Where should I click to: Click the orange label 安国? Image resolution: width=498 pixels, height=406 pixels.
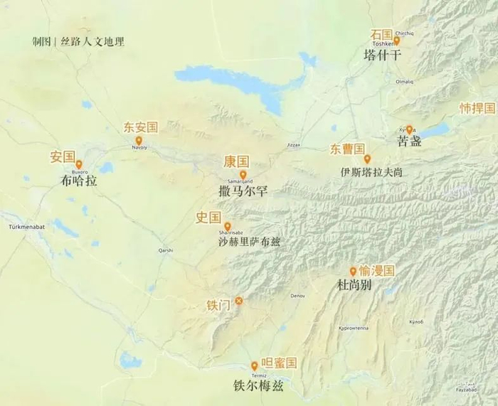point(63,156)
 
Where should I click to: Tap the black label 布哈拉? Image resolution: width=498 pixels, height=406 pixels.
point(79,181)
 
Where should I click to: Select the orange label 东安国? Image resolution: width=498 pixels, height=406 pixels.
point(140,127)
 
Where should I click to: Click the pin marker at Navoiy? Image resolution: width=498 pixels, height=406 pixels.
point(139,140)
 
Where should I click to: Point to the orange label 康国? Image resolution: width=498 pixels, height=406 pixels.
point(236,161)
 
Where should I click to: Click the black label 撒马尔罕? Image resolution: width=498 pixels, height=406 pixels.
point(243,191)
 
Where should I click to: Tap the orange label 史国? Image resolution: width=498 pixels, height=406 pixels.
point(208,218)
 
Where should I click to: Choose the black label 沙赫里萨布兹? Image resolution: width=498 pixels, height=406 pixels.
point(249,241)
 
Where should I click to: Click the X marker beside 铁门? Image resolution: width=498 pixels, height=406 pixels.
point(239,301)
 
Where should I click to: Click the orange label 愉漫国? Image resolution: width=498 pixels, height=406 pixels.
point(376,271)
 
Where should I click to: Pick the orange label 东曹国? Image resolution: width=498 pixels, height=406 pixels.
point(346,149)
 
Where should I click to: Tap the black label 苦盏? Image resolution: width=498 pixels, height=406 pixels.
point(409,141)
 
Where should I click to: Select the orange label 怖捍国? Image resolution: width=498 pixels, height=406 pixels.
point(477,108)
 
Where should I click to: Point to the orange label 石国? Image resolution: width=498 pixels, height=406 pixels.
point(381,34)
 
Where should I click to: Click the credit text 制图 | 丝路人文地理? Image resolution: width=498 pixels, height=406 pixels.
point(78,41)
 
